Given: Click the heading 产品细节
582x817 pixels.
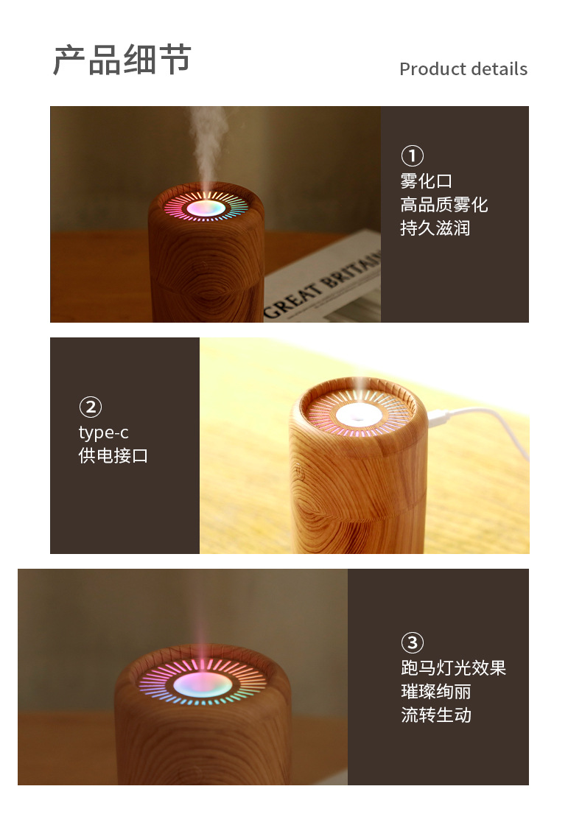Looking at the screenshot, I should [x=122, y=60].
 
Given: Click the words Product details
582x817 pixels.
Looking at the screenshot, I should [x=463, y=69].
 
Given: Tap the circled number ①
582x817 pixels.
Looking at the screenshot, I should [x=412, y=156].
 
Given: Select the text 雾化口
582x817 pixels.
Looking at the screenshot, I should [x=426, y=181].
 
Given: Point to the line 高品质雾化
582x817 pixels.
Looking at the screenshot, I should [x=443, y=205].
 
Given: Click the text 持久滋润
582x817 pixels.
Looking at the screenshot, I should [x=435, y=228].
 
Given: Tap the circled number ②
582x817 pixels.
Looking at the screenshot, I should [x=90, y=407].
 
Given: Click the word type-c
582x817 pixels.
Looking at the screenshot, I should [x=103, y=432].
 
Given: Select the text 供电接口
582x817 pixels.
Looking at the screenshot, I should [x=113, y=456].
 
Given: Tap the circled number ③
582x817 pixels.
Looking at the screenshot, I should [x=412, y=642].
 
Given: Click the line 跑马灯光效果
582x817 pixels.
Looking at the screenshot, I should [x=453, y=668].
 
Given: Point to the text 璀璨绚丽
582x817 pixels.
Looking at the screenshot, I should [x=435, y=692].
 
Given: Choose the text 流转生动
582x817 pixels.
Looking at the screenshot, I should [x=435, y=715].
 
